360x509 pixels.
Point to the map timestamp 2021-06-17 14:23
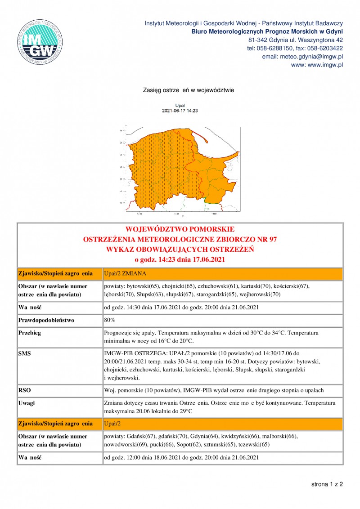(x=180, y=110)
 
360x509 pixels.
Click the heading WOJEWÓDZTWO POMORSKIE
(x=180, y=229)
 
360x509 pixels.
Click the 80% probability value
(x=109, y=321)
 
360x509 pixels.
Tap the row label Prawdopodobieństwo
(x=45, y=321)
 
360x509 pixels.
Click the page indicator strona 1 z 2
(x=327, y=484)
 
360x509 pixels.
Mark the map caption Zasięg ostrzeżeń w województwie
(x=188, y=90)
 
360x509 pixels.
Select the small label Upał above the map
(x=180, y=105)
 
